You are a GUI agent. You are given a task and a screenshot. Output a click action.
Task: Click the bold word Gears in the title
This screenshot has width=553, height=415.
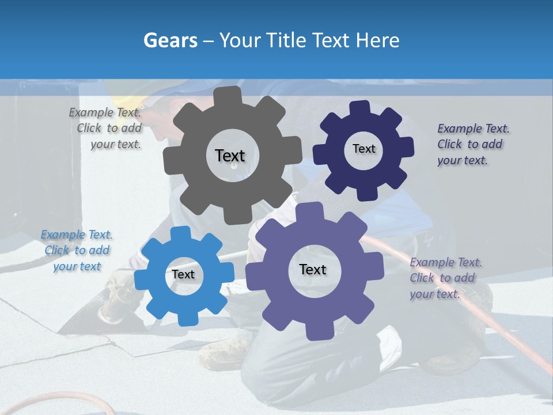coord(170,40)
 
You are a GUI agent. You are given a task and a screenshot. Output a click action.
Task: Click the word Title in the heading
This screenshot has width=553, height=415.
coord(287,40)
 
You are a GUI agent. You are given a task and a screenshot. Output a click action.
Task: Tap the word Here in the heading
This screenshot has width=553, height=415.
coord(378,40)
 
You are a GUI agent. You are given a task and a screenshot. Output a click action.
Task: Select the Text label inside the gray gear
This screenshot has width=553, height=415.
coord(230,156)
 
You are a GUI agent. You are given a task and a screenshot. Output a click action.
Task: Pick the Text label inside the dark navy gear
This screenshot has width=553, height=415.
coord(363,149)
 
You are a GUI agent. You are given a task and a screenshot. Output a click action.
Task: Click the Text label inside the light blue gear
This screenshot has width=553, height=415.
coord(183,274)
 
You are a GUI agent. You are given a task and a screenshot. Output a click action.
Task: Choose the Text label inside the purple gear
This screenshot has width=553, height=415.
coord(313,269)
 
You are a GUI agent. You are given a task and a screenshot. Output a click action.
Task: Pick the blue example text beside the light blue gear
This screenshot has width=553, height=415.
coord(77,250)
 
